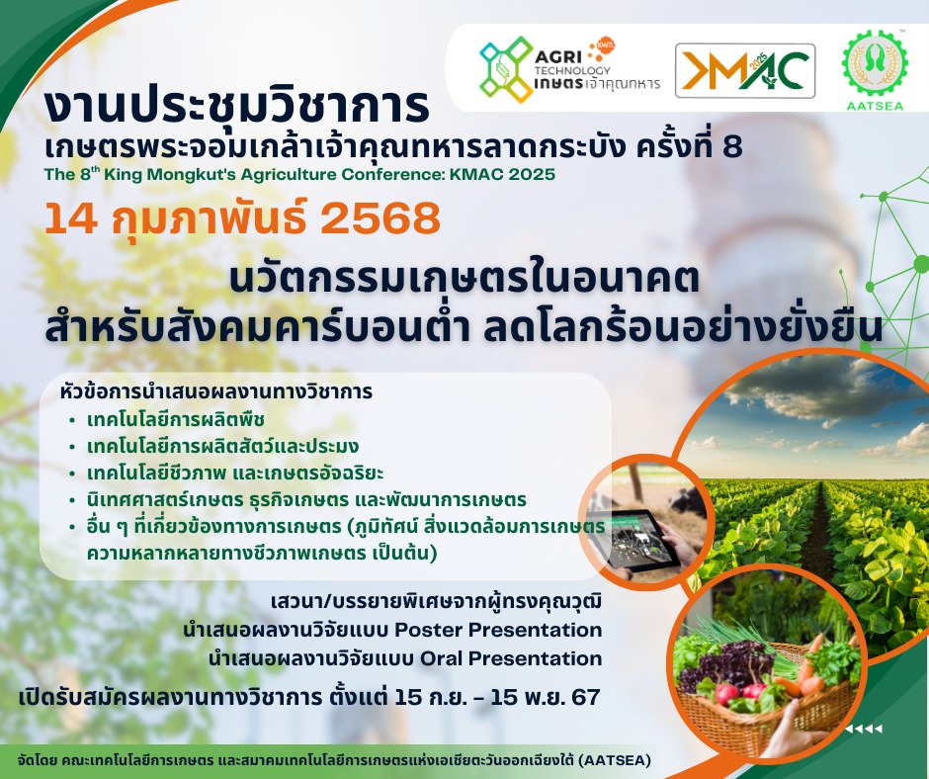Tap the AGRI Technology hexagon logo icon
[x=505, y=69]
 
